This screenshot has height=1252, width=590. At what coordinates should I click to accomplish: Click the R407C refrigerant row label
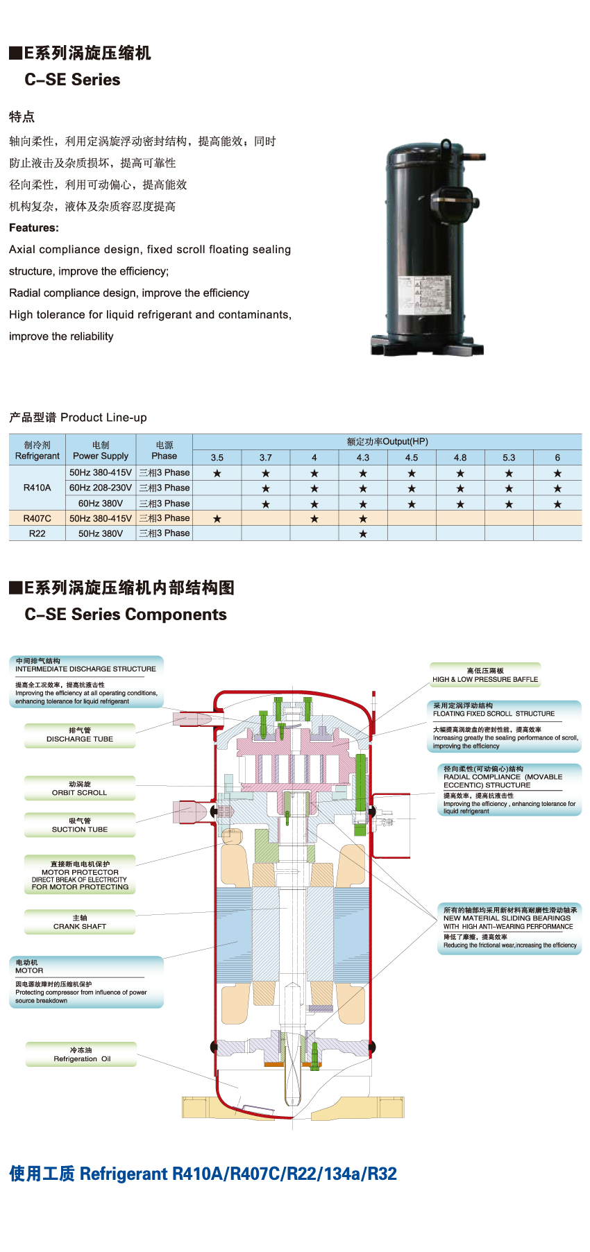(37, 518)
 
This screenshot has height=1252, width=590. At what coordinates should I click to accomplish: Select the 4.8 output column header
(460, 458)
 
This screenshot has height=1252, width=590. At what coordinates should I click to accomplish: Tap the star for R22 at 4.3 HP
(363, 533)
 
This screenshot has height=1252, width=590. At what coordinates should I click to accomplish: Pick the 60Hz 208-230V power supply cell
(101, 488)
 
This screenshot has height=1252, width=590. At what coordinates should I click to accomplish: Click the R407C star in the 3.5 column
(217, 519)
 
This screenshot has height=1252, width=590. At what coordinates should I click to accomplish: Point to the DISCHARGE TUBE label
(80, 735)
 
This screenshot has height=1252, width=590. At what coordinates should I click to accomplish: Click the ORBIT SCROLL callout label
(80, 789)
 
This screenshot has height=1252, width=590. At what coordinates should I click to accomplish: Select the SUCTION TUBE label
(80, 825)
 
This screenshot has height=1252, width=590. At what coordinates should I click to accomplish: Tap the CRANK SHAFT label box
(80, 923)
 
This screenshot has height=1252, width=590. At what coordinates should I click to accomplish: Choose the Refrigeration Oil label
(81, 1054)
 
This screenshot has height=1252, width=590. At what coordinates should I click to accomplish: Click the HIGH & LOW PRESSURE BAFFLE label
(485, 676)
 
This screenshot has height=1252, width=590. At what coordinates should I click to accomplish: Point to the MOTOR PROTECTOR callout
(80, 875)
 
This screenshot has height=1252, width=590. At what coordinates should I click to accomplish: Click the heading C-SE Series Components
(126, 615)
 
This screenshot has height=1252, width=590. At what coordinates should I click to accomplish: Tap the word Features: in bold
(34, 228)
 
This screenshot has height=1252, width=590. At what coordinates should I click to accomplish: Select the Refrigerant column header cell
(37, 450)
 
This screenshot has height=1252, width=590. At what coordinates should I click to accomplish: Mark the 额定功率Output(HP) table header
(387, 442)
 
